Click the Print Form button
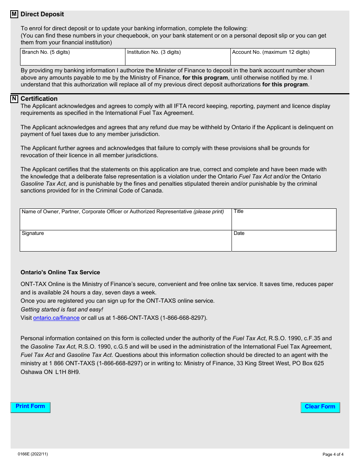30,407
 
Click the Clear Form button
320,407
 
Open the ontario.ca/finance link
56,318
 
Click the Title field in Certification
284,222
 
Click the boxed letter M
14,14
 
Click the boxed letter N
14,99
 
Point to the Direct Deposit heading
42,14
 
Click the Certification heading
39,99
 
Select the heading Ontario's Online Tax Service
60,272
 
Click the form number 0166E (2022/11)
33,454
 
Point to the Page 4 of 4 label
333,454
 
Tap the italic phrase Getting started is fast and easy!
62,310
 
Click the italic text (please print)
209,212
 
